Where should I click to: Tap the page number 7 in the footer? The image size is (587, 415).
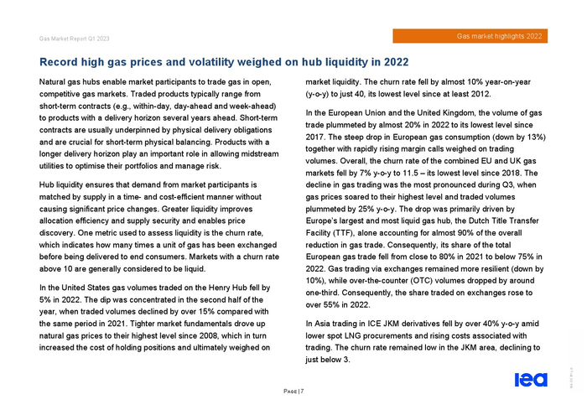click(x=300, y=392)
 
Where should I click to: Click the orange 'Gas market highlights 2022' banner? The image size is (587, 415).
click(x=499, y=36)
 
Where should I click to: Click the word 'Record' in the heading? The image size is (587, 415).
click(x=63, y=61)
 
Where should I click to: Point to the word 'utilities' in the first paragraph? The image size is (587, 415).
click(x=55, y=166)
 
